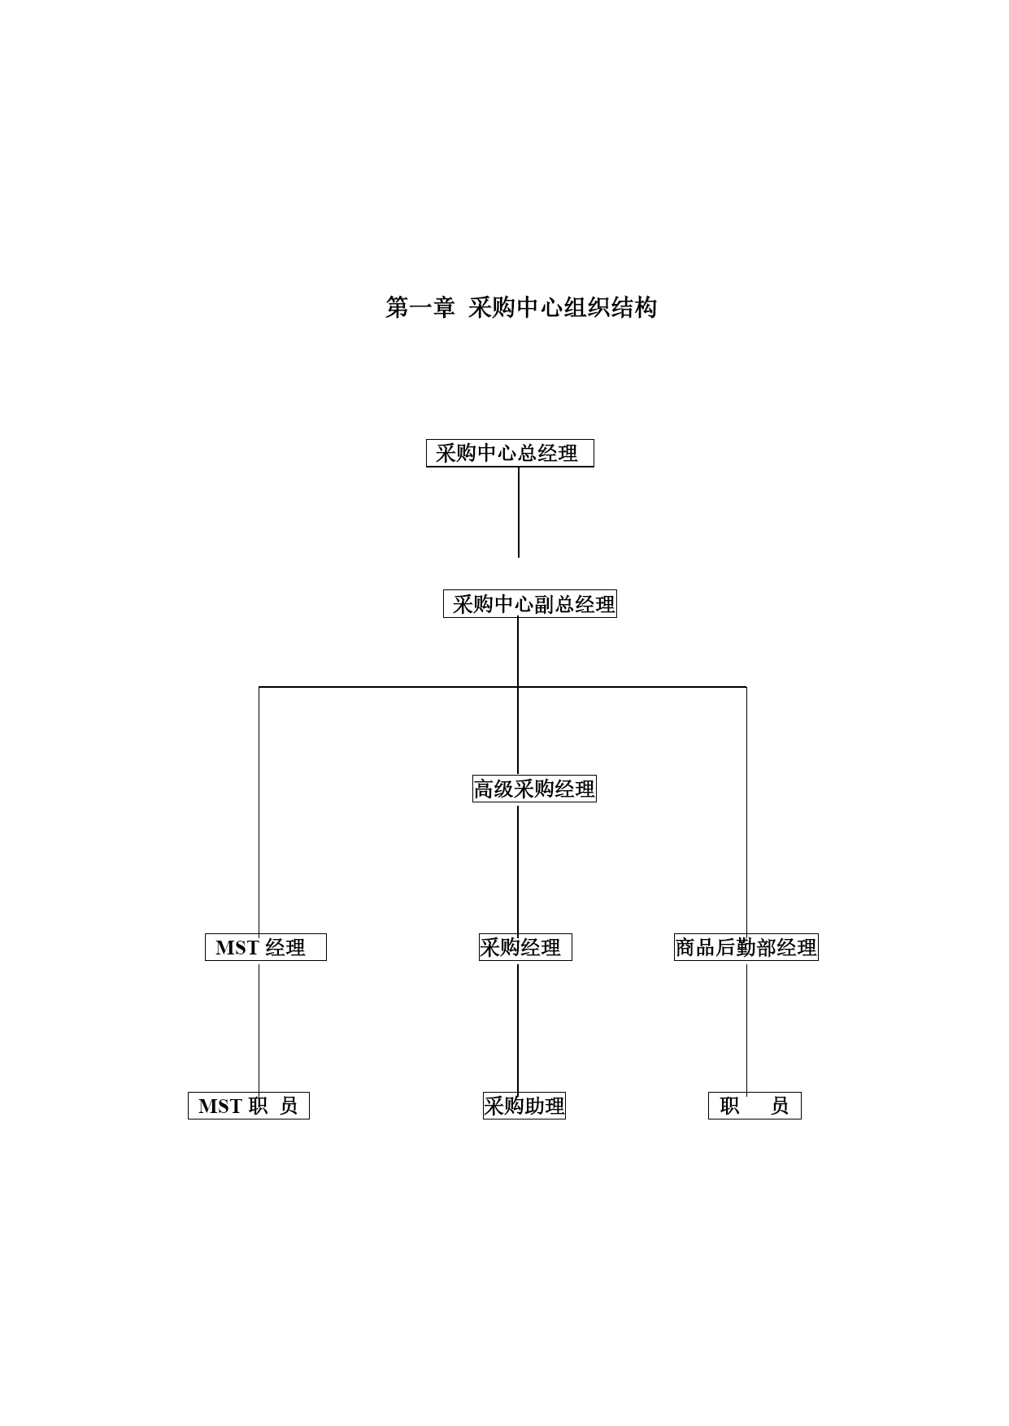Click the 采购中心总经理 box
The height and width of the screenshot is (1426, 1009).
(x=510, y=453)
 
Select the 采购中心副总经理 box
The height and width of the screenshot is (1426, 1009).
(x=530, y=604)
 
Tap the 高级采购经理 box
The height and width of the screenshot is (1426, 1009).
(x=534, y=789)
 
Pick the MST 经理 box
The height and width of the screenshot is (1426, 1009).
(x=266, y=947)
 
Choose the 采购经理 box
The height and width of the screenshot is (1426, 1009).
(x=525, y=947)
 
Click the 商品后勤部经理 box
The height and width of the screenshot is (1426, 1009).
(x=746, y=947)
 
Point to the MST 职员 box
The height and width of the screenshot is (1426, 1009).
(x=249, y=1106)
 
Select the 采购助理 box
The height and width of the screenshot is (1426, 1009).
(x=524, y=1106)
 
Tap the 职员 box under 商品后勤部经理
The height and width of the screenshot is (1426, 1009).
(x=755, y=1106)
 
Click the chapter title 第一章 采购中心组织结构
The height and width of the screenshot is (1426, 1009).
(x=521, y=307)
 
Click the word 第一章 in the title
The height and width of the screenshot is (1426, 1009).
(x=420, y=307)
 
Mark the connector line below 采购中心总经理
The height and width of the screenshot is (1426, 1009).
(x=519, y=512)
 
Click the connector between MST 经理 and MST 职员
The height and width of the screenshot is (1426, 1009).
(x=259, y=1028)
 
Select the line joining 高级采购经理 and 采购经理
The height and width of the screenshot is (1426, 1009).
(x=518, y=868)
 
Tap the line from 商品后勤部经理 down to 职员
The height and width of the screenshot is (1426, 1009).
(x=747, y=1028)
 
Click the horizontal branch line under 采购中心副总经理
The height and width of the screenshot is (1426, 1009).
(x=502, y=687)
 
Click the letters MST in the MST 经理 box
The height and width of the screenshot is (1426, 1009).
(x=237, y=948)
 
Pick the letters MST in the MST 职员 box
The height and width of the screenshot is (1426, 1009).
(x=220, y=1106)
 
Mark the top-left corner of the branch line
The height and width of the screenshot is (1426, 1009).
(x=259, y=687)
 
